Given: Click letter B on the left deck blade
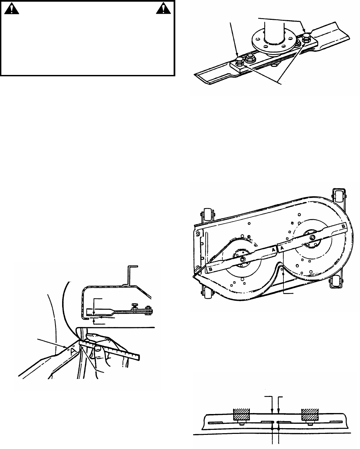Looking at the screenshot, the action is (210, 269).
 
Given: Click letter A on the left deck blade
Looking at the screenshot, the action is (274, 250).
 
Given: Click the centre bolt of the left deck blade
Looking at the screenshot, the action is (242, 259).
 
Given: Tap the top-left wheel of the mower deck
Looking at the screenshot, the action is (205, 217).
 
